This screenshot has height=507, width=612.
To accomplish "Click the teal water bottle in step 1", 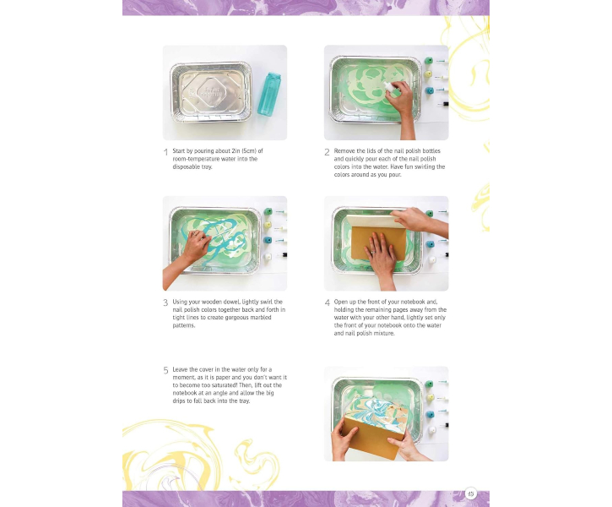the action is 269,93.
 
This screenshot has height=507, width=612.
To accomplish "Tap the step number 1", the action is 166,152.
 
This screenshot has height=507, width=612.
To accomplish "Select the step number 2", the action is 327,152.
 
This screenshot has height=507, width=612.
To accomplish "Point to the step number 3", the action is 165,303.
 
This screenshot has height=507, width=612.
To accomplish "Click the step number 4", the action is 327,303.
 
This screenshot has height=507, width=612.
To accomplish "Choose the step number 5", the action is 166,370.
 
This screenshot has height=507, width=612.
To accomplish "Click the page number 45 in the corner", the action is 471,493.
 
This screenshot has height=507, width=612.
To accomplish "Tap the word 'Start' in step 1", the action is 178,150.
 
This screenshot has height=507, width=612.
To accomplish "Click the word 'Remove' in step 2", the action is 344,150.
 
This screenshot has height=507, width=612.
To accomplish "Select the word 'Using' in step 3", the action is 180,302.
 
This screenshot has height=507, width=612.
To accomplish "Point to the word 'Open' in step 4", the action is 341,302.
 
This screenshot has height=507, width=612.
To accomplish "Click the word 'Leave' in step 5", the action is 180,369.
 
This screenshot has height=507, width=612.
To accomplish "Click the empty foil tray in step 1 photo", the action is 211,92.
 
